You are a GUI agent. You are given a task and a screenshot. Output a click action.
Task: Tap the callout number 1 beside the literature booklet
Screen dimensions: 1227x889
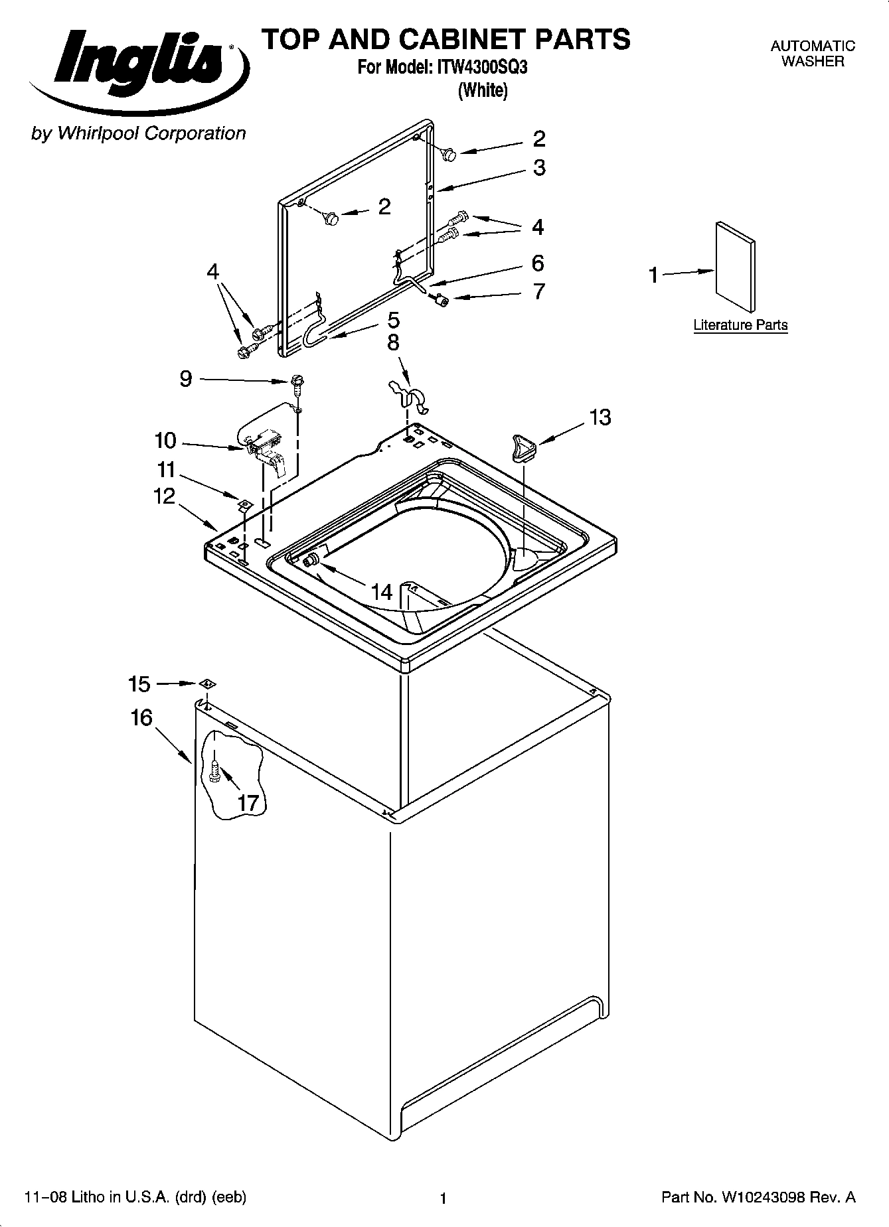[653, 275]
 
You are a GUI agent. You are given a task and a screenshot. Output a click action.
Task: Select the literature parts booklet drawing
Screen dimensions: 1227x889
[735, 265]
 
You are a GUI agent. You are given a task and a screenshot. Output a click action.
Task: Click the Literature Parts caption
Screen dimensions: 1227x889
[740, 325]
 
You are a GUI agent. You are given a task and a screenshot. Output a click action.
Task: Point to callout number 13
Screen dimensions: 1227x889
[600, 417]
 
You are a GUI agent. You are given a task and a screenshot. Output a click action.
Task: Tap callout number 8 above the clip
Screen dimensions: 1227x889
[393, 342]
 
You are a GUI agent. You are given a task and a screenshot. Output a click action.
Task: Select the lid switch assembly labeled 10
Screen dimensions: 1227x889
[264, 447]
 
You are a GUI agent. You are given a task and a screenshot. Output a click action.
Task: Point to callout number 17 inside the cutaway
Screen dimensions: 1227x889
[247, 802]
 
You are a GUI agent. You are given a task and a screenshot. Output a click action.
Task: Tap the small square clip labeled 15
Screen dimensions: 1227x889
[206, 684]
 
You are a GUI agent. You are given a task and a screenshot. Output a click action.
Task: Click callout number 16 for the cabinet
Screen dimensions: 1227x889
[141, 718]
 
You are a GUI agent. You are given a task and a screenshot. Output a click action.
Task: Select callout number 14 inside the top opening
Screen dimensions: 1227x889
[382, 591]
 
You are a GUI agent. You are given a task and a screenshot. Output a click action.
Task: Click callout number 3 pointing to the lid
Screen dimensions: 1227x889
[539, 168]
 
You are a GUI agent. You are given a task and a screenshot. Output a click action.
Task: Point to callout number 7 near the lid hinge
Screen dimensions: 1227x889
[539, 291]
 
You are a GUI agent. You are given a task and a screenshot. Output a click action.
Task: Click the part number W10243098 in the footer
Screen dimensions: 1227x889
[758, 1197]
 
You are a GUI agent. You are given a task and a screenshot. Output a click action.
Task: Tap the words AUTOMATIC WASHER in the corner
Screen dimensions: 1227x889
[812, 54]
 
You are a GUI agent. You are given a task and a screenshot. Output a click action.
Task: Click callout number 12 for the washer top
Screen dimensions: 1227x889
[165, 496]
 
